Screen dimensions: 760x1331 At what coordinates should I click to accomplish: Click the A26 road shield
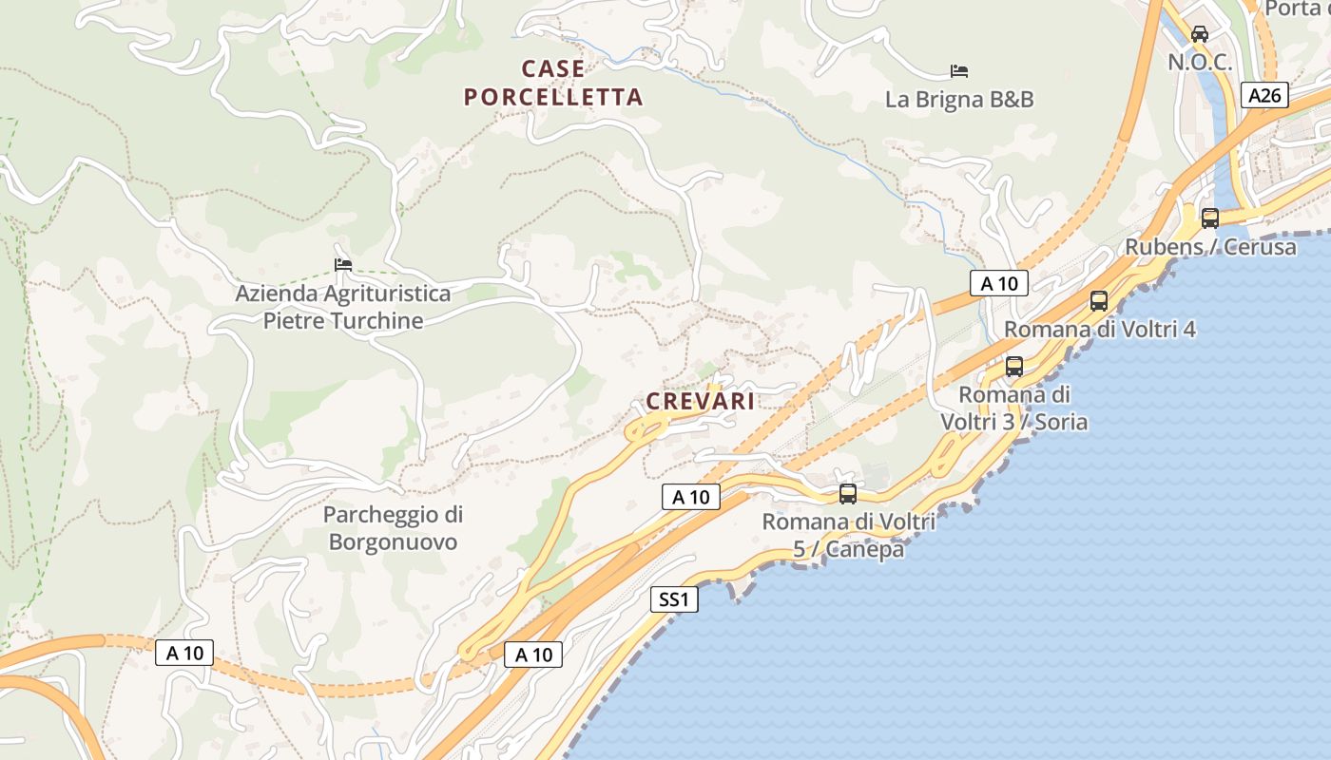click(x=1264, y=95)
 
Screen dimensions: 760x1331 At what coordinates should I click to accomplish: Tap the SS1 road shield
click(x=674, y=599)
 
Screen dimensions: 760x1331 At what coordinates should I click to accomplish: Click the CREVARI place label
click(x=701, y=401)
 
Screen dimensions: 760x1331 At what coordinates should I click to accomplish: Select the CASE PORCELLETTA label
click(x=553, y=83)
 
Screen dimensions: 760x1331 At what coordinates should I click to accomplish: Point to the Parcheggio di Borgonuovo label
click(x=393, y=528)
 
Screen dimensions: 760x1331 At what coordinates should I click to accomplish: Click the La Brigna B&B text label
click(x=959, y=99)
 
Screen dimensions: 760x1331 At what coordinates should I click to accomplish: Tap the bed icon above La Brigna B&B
click(x=959, y=71)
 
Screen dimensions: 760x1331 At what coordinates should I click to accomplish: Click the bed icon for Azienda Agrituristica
click(x=343, y=264)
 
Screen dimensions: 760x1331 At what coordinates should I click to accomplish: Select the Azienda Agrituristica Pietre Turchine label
click(x=343, y=306)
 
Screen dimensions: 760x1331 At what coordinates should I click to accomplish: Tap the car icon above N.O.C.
click(x=1200, y=34)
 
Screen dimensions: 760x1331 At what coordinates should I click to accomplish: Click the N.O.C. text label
click(x=1200, y=63)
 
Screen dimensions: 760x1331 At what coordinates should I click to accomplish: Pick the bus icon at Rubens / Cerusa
click(x=1210, y=218)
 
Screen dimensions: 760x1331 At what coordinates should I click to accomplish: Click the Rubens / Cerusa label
click(x=1210, y=247)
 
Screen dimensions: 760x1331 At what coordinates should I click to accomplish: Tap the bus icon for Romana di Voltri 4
click(x=1099, y=301)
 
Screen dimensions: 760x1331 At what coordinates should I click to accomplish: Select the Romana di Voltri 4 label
click(x=1100, y=330)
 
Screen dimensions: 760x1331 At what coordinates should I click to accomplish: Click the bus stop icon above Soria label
click(x=1014, y=367)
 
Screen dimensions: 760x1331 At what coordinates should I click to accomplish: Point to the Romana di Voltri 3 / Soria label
click(x=1014, y=408)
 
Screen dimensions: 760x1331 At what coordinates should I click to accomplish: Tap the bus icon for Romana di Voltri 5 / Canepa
click(x=847, y=494)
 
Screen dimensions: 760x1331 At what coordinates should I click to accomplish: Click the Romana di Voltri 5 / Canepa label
click(x=849, y=535)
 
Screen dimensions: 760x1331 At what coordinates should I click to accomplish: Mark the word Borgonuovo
click(x=393, y=542)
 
